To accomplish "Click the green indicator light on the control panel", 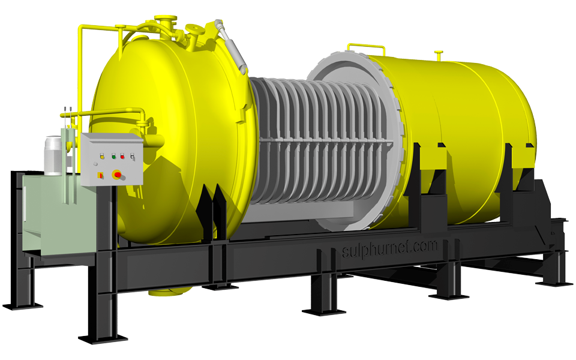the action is click(x=113, y=157).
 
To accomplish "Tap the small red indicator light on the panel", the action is click(x=122, y=157).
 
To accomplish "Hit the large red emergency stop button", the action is click(x=117, y=175).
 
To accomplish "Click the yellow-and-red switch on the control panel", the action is click(x=100, y=175).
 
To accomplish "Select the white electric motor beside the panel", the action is click(x=53, y=155).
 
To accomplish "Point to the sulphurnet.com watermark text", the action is click(x=390, y=248).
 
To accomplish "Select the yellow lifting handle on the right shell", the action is click(x=366, y=46).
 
